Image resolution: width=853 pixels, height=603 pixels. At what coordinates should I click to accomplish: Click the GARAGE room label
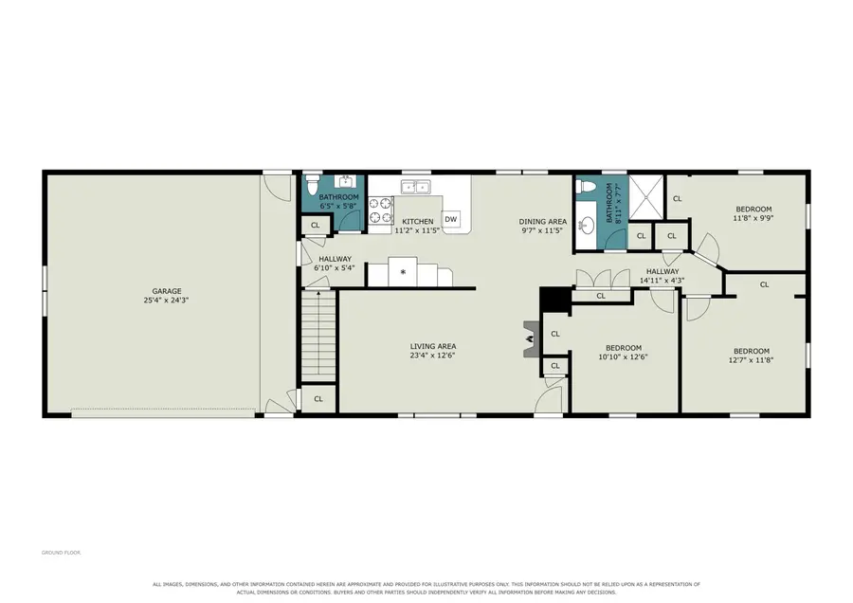point(167,291)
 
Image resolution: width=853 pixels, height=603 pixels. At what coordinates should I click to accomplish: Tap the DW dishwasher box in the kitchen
point(451,219)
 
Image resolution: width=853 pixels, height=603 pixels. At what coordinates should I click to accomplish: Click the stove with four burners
point(381,210)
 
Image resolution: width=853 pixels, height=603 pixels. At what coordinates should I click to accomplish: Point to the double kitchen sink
point(416,187)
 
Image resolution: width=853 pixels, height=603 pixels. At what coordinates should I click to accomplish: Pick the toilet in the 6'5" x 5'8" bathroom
point(312,185)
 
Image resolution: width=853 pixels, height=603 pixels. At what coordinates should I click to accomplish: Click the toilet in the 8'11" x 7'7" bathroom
point(585,186)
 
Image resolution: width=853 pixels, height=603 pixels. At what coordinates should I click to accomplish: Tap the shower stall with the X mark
point(646,197)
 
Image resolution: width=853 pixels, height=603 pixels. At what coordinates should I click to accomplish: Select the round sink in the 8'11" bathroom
point(587,224)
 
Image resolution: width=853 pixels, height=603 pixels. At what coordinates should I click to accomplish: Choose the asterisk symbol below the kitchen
point(403,271)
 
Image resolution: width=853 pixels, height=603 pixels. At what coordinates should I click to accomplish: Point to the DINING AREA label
point(542,222)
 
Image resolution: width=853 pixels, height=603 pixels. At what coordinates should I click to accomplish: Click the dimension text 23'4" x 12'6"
point(432,356)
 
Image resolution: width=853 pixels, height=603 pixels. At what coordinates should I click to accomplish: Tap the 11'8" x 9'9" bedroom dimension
point(753,218)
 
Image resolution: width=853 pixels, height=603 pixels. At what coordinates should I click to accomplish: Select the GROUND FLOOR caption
point(61,553)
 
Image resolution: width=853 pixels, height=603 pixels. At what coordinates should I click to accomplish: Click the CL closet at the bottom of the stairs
point(318,399)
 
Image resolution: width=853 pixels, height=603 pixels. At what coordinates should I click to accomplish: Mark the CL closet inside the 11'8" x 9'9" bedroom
point(678,199)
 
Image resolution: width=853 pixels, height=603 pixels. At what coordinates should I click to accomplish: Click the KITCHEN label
point(418,222)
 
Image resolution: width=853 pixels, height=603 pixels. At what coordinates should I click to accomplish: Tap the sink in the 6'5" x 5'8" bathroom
point(345,181)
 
